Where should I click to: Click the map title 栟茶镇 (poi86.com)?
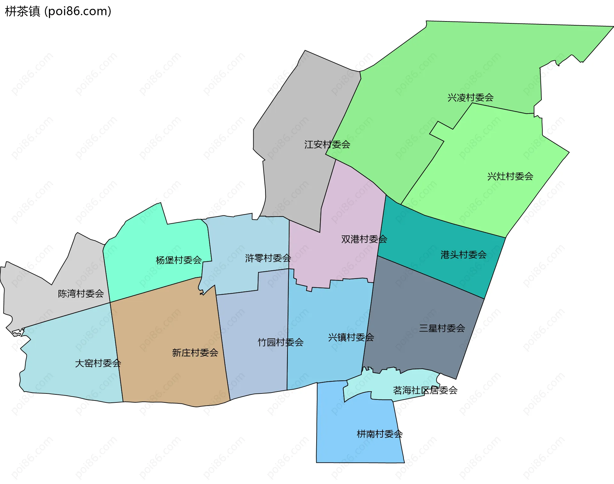(x=58, y=11)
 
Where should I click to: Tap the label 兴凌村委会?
(x=470, y=98)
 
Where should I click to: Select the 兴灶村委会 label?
(x=510, y=176)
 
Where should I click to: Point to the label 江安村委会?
(x=327, y=145)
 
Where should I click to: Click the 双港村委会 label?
(x=364, y=239)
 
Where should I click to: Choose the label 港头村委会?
(x=463, y=255)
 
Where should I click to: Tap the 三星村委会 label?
(x=442, y=328)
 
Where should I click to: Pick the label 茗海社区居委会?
(x=425, y=390)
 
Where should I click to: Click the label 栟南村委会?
(x=380, y=434)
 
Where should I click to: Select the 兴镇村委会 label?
(x=351, y=337)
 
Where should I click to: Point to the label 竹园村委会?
(x=280, y=343)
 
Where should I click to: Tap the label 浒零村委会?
(x=268, y=258)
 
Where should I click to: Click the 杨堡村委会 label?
(x=178, y=260)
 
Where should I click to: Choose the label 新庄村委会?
(x=195, y=353)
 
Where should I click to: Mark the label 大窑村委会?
(x=98, y=363)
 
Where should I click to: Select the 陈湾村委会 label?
(x=81, y=294)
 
